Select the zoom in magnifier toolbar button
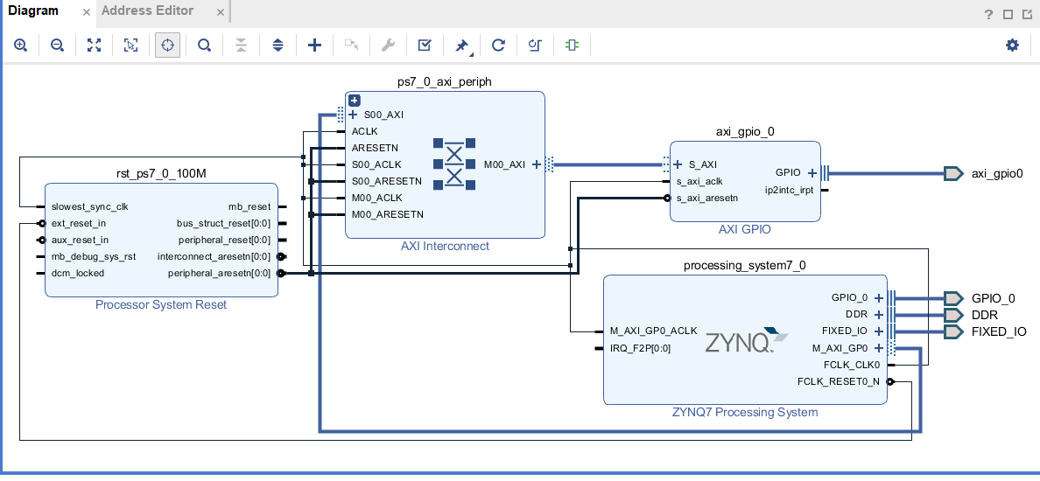[x=20, y=45]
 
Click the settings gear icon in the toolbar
[x=1012, y=45]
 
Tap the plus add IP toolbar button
[x=315, y=45]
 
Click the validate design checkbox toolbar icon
[x=425, y=45]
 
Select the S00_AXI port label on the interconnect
[x=383, y=115]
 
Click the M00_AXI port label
[x=504, y=164]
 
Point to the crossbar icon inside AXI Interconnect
[x=454, y=164]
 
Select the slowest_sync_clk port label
[x=90, y=206]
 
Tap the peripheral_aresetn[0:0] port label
[x=219, y=273]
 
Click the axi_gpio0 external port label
[x=996, y=173]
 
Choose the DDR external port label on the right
[x=985, y=315]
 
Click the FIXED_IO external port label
[x=999, y=331]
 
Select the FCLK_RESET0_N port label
[x=838, y=381]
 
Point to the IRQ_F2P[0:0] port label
[x=640, y=348]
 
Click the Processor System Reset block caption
[x=161, y=305]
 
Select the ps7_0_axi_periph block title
[x=445, y=81]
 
